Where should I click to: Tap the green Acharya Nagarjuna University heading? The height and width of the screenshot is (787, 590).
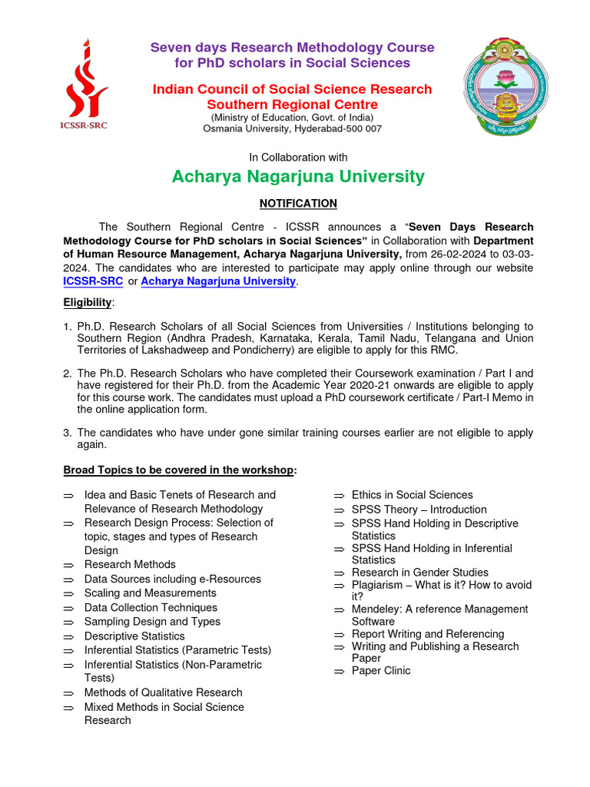298,177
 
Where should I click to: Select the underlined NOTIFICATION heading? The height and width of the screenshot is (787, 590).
298,204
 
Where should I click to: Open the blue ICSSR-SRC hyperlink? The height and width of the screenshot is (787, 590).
92,281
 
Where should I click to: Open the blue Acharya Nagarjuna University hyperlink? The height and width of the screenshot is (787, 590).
218,281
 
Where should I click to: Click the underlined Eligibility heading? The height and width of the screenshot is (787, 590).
88,303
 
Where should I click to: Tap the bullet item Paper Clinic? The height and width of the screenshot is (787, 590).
381,671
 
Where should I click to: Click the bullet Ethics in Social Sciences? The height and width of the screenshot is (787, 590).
412,495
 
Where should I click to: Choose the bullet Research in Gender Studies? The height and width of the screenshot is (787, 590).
419,573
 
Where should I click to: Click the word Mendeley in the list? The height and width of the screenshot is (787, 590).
376,609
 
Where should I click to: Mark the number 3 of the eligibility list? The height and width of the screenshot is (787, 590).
67,433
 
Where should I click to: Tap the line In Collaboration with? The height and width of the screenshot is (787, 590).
298,157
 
